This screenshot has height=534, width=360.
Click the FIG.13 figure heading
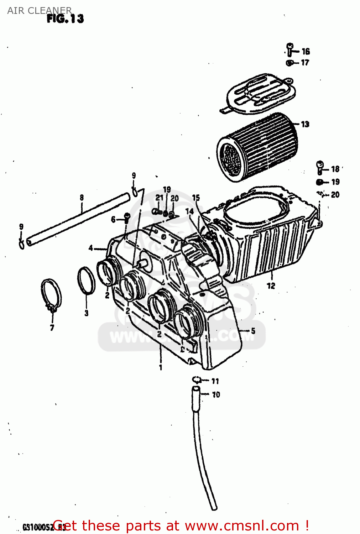pos(65,19)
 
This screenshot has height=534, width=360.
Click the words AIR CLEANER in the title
pos(39,10)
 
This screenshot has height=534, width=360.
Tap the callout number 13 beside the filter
pos(305,124)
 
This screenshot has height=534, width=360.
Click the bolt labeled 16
pos(290,49)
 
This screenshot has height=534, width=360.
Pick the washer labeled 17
pos(290,63)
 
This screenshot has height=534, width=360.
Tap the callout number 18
pos(335,169)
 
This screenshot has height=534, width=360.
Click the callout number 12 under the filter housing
pos(271,286)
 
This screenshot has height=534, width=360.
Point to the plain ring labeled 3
pos(86,281)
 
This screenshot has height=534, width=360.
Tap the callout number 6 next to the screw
pos(113,219)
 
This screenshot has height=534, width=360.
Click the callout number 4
pos(91,248)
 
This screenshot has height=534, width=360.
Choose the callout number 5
pos(253,331)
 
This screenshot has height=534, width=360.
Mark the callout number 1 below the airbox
pos(161,367)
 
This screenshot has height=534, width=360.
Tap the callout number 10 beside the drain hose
pos(216,394)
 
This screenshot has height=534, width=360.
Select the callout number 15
pos(196,198)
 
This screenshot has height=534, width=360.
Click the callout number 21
pos(159,198)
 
